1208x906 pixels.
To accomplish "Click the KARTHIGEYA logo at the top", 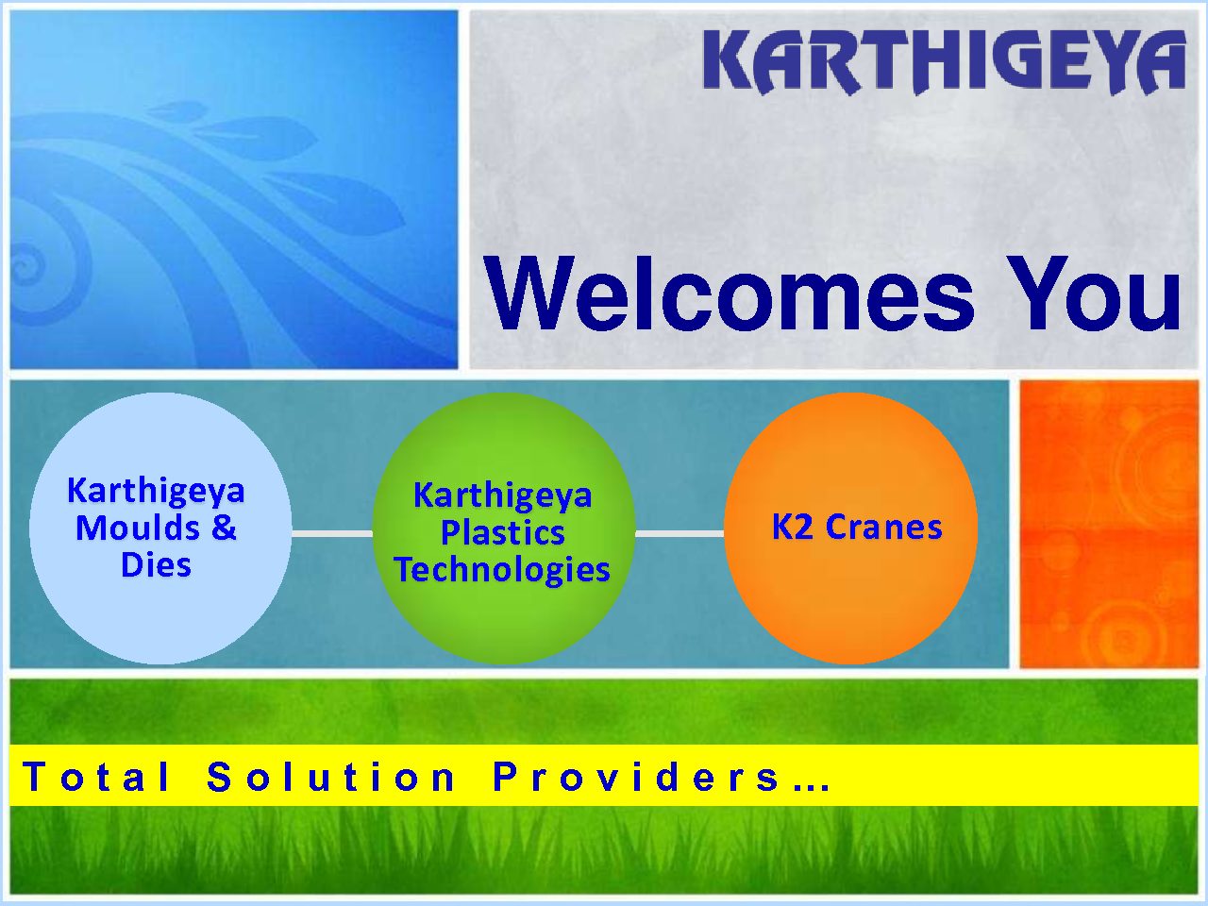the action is (x=945, y=62).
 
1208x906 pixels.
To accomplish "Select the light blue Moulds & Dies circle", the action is (x=160, y=528).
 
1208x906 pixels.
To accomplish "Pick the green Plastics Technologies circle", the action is (x=504, y=528).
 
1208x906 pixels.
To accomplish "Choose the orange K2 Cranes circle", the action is (x=851, y=528).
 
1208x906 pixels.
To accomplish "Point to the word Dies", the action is (x=156, y=565).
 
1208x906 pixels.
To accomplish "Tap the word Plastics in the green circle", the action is (x=502, y=532).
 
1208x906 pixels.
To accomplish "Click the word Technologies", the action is (x=502, y=570).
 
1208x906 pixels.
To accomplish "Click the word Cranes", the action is (x=884, y=527).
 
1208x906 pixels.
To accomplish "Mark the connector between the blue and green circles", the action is (x=332, y=533).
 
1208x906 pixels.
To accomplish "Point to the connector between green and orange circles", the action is (x=679, y=533).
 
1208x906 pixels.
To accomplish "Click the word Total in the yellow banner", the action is (x=95, y=778).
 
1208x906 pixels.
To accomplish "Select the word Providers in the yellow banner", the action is (x=636, y=778).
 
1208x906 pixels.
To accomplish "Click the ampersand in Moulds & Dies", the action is (x=224, y=528).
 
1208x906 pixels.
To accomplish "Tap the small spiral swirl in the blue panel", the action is (x=25, y=267).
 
